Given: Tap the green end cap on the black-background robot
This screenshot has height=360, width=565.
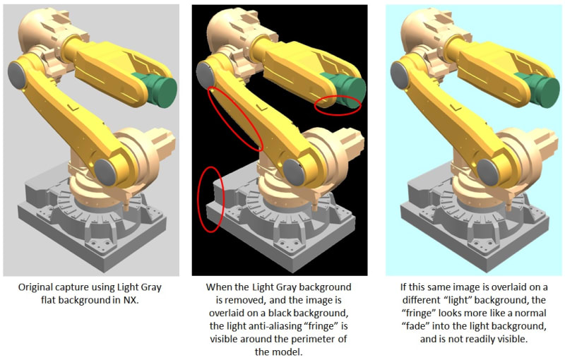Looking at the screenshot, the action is tap(345, 88).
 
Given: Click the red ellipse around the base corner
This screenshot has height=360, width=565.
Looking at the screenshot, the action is tap(211, 199).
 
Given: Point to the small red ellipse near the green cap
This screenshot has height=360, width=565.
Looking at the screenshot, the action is tap(338, 105).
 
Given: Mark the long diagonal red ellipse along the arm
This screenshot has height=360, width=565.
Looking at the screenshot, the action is tap(236, 119).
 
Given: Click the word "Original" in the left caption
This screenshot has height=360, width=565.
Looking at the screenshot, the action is tap(35, 287).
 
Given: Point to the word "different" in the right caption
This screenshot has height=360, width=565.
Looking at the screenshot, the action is tap(420, 300).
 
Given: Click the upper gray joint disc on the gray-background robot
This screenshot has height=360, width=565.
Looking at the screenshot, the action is tap(16, 75).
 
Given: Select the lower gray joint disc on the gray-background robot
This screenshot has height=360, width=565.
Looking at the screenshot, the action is tap(105, 172).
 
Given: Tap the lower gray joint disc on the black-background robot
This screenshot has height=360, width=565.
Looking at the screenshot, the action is tap(294, 172).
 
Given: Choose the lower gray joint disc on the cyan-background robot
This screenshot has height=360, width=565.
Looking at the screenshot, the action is tap(488, 173).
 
